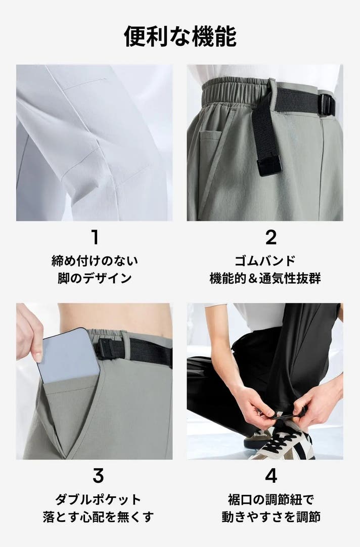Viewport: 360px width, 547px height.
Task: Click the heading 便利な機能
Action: click(180, 36)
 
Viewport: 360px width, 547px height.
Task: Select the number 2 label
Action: click(271, 237)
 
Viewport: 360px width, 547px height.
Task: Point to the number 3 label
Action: click(98, 476)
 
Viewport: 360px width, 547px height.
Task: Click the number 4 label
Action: click(271, 476)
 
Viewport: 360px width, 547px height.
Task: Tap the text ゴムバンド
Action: click(265, 260)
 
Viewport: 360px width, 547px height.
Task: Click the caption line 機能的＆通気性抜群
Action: click(265, 279)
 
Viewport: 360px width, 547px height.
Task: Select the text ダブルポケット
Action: click(98, 499)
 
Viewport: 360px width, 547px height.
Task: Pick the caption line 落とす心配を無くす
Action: click(98, 517)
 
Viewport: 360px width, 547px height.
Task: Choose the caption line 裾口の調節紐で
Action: click(271, 499)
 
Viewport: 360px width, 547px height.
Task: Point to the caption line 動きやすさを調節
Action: click(271, 517)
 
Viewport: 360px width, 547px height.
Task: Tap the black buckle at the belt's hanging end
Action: click(269, 165)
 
